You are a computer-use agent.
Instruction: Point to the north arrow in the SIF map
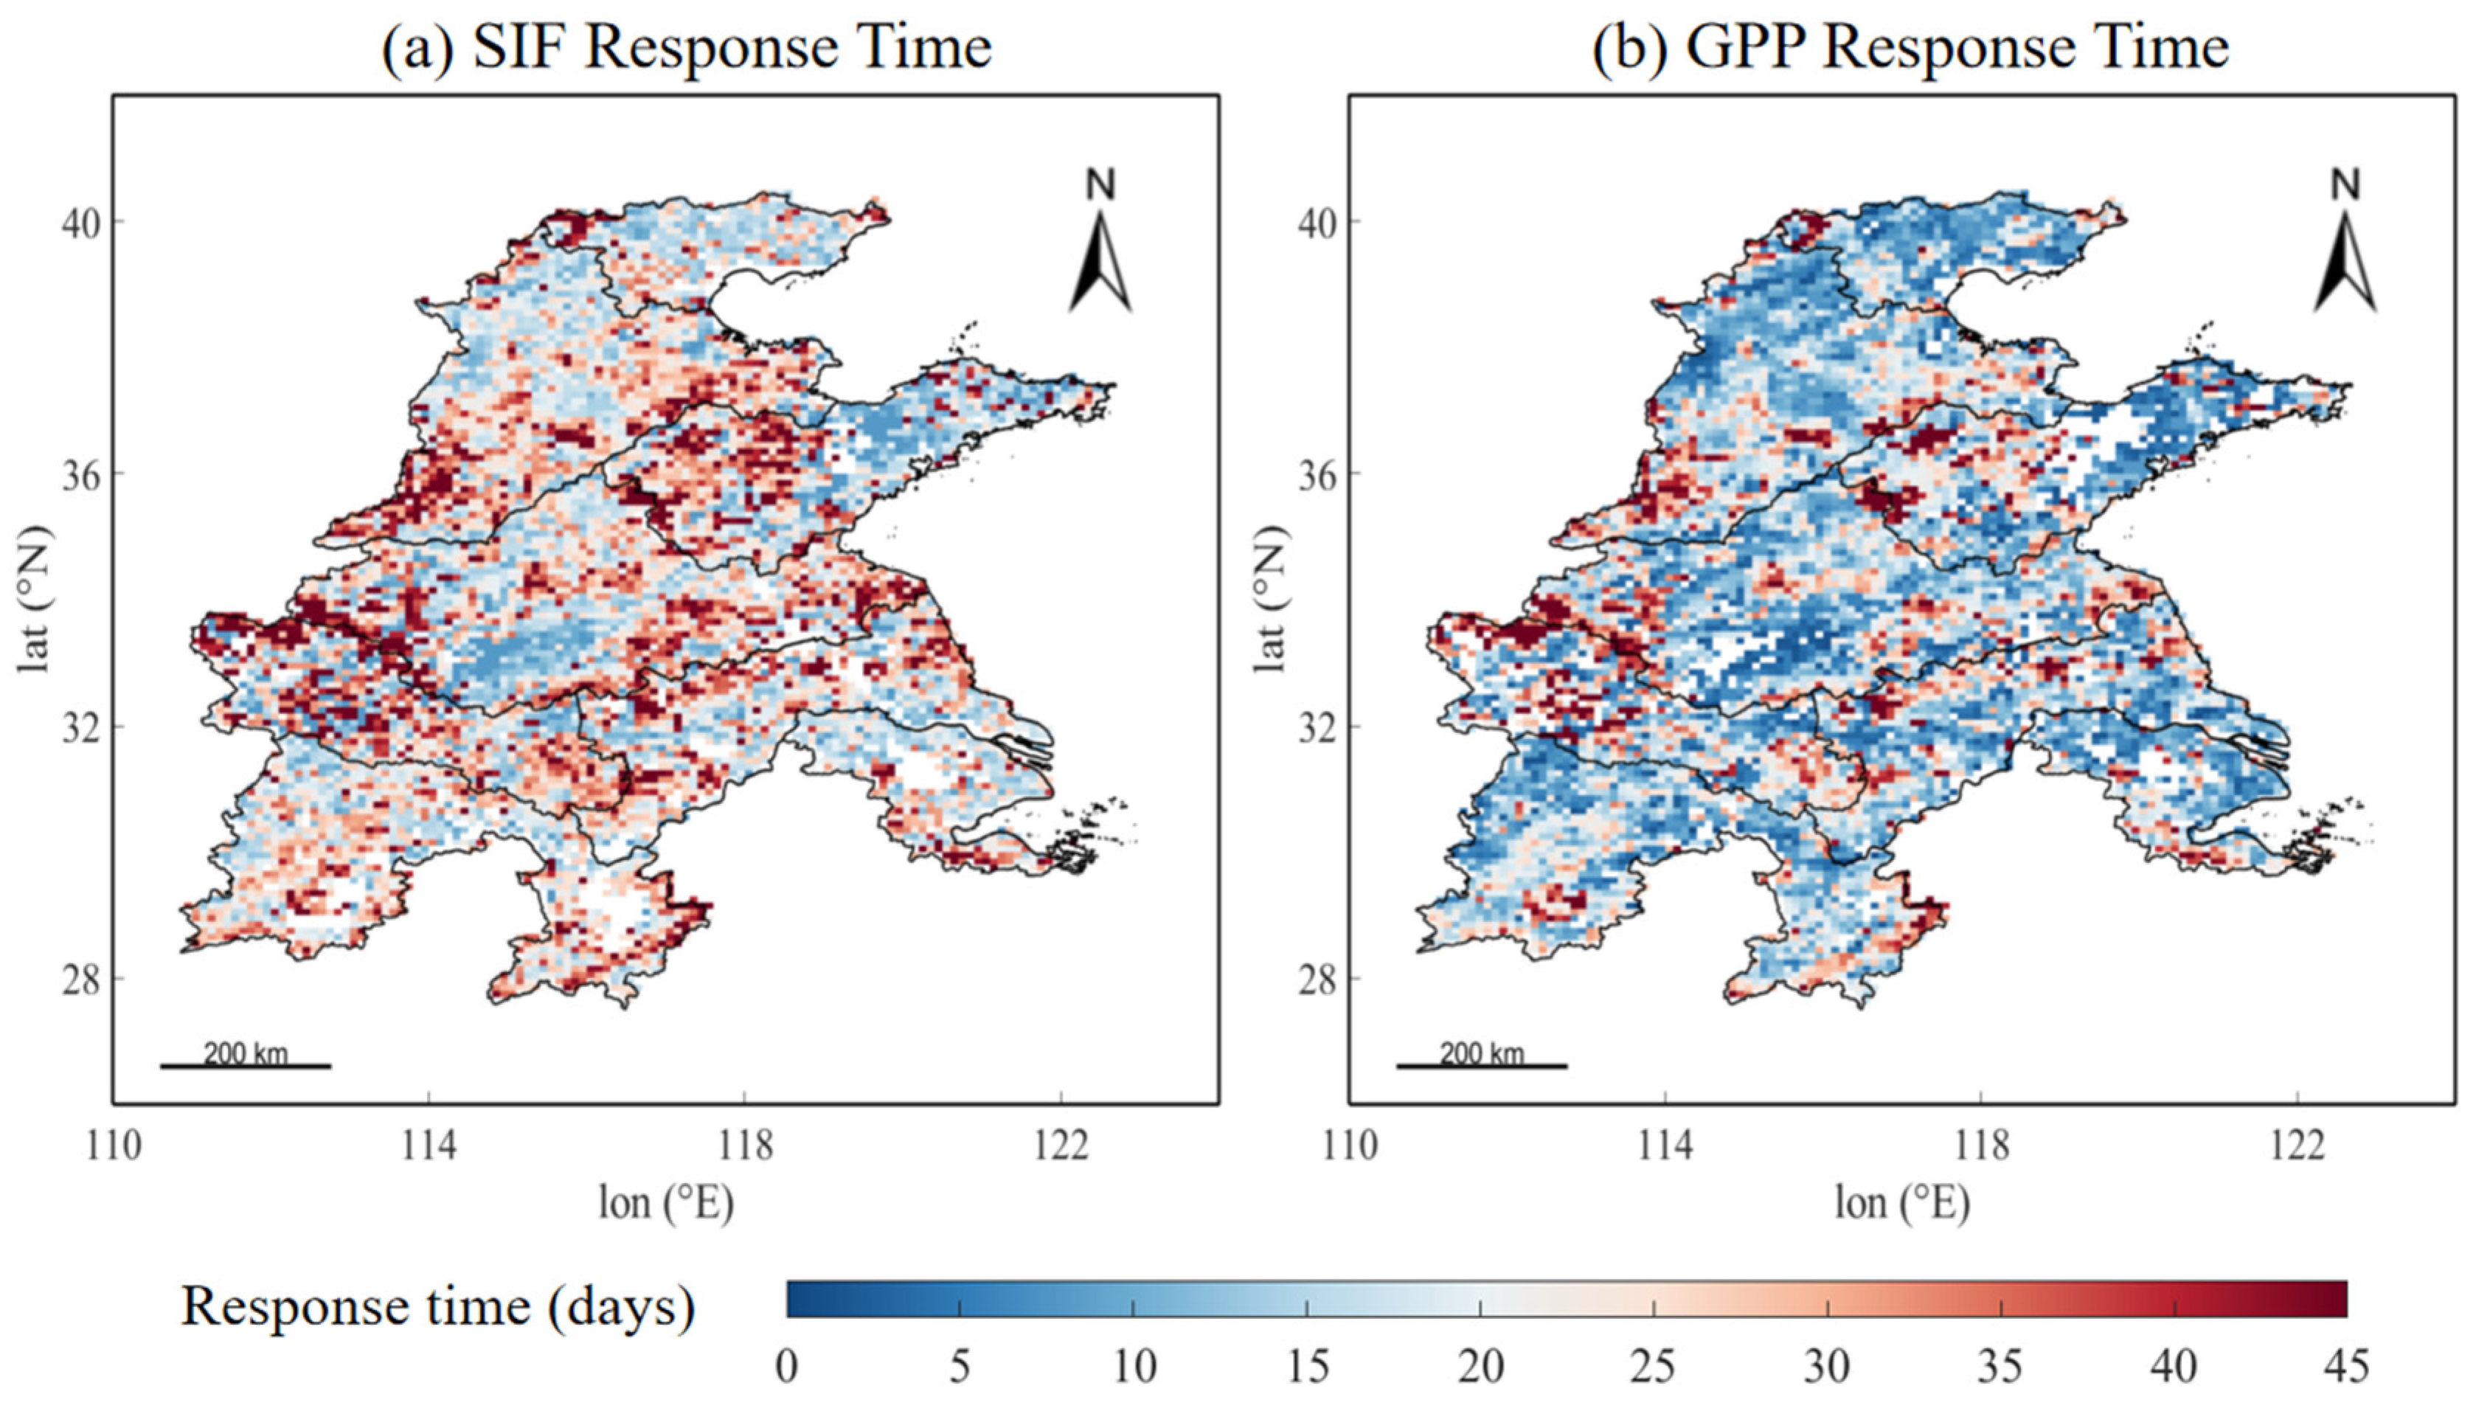pyautogui.click(x=1101, y=240)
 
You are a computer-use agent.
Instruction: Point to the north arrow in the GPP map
pyautogui.click(x=2345, y=240)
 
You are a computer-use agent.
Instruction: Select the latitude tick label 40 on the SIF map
pyautogui.click(x=80, y=222)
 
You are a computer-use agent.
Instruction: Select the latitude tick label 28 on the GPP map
pyautogui.click(x=1317, y=980)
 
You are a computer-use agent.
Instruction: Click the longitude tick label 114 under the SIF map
pyautogui.click(x=429, y=1145)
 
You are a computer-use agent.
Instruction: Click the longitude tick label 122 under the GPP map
pyautogui.click(x=2297, y=1145)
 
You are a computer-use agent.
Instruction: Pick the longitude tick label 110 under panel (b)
pyautogui.click(x=1349, y=1145)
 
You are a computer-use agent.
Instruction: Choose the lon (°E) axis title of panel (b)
pyautogui.click(x=1902, y=1204)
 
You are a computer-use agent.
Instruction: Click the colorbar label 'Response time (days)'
pyautogui.click(x=438, y=1306)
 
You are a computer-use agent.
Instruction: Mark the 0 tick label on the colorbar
pyautogui.click(x=787, y=1367)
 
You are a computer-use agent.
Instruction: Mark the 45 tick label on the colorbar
pyautogui.click(x=2346, y=1367)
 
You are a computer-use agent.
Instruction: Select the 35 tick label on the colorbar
pyautogui.click(x=2000, y=1367)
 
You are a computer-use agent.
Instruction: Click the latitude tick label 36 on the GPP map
pyautogui.click(x=1317, y=475)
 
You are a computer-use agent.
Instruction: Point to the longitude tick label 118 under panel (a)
pyautogui.click(x=744, y=1145)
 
